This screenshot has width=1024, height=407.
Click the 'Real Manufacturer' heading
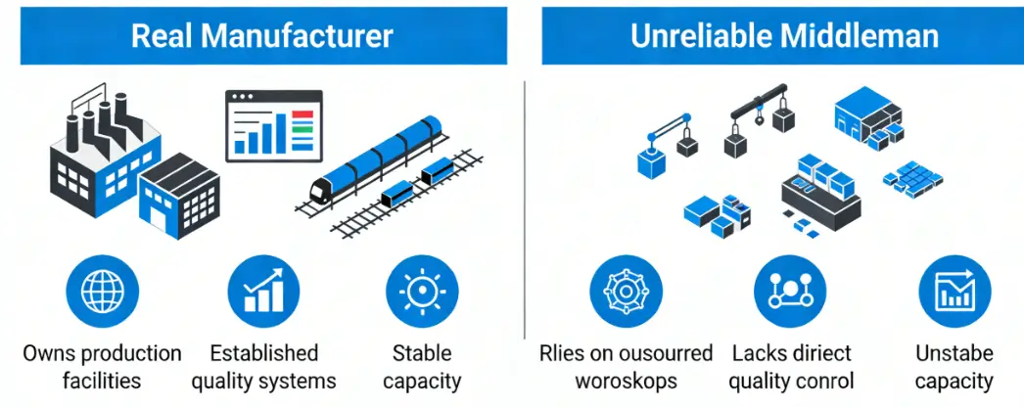tap(262, 36)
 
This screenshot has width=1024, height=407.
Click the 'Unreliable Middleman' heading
tap(783, 36)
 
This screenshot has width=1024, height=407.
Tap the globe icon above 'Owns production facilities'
tap(103, 291)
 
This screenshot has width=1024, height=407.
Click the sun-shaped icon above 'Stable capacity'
tap(422, 291)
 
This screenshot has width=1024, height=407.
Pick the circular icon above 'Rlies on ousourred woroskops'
tap(627, 291)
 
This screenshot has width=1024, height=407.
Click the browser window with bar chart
tap(274, 125)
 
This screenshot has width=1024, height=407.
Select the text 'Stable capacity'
tap(422, 367)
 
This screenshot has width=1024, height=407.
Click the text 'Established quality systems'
tap(263, 367)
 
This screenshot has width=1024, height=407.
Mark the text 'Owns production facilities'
tap(103, 367)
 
